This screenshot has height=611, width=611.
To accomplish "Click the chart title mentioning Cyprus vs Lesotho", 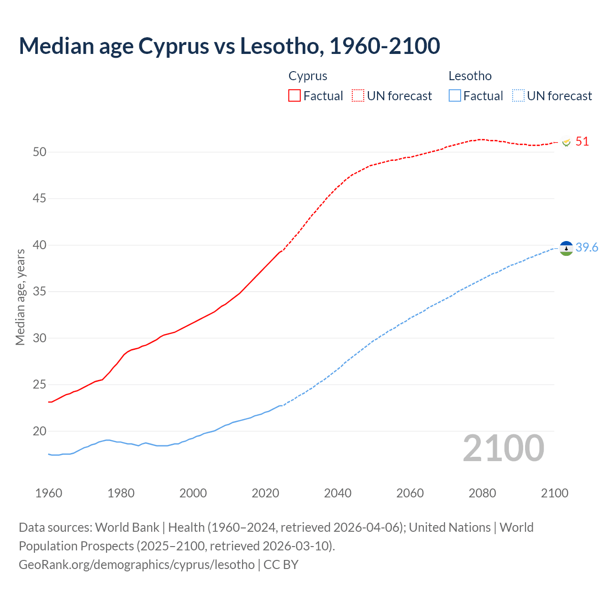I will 229,46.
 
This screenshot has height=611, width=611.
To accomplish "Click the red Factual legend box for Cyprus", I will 295,95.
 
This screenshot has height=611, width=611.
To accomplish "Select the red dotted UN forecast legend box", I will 358,95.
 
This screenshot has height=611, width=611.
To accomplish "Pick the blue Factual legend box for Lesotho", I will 455,95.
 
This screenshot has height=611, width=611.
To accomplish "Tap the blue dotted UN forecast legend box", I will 518,95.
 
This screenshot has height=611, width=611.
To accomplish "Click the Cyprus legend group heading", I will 308,76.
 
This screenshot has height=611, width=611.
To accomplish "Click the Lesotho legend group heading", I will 470,76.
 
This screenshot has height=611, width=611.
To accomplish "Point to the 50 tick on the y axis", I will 40,152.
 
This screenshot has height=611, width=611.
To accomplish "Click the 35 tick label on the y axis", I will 40,291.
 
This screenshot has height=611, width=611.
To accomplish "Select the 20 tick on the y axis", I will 40,431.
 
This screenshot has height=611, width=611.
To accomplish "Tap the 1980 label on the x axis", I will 121,493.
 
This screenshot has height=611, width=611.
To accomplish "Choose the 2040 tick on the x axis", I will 337,493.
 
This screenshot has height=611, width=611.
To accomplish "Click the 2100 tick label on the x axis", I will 554,493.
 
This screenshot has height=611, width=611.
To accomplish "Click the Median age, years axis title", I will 20,297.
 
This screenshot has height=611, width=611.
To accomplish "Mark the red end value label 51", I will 582,142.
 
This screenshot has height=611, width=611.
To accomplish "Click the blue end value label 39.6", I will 587,247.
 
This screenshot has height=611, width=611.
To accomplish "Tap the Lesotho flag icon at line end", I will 566,248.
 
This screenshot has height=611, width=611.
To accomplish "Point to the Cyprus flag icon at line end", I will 567,142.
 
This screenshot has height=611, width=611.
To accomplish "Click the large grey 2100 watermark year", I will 503,448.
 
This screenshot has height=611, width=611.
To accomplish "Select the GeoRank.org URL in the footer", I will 137,564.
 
